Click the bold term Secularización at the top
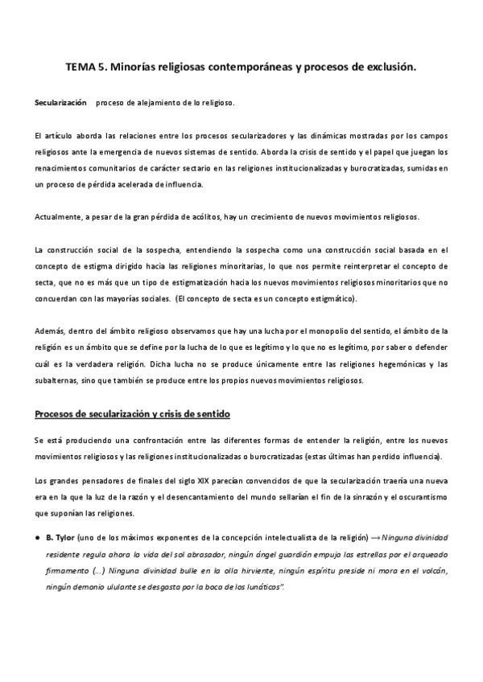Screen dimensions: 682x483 (x=60, y=104)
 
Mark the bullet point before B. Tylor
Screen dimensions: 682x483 (x=37, y=536)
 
